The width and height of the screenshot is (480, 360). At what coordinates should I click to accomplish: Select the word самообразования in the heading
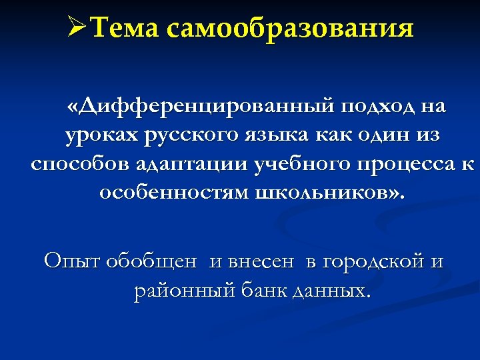click(x=291, y=29)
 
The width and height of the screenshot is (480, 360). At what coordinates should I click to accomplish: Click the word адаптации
click(x=192, y=165)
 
